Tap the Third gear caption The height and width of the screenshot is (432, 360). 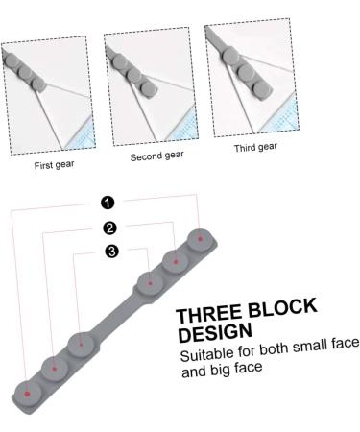pos(254,148)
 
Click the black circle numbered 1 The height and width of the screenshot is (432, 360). pos(107,203)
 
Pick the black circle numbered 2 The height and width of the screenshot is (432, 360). pos(110,228)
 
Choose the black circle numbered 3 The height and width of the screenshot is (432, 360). pos(112,252)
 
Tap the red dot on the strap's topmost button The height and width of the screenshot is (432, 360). pos(200,236)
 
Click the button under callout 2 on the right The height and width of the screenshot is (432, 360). pos(175,258)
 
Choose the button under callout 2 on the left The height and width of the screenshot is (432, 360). pos(54,369)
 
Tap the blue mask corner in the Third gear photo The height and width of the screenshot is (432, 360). pos(284,122)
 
